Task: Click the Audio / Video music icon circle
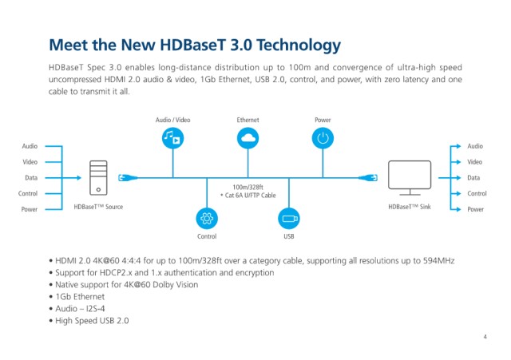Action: pyautogui.click(x=172, y=138)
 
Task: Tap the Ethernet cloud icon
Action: pyautogui.click(x=248, y=138)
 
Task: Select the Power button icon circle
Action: pyautogui.click(x=323, y=138)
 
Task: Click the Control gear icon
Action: pyautogui.click(x=207, y=218)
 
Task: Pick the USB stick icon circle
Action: pyautogui.click(x=289, y=218)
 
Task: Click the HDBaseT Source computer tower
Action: pyautogui.click(x=98, y=178)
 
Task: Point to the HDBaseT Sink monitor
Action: pyautogui.click(x=410, y=178)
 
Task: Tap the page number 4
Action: pyautogui.click(x=485, y=337)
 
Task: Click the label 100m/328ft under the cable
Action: pyautogui.click(x=248, y=187)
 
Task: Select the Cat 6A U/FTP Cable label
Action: pyautogui.click(x=250, y=195)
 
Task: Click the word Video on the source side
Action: pyautogui.click(x=30, y=162)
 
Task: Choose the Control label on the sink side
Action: pyautogui.click(x=477, y=193)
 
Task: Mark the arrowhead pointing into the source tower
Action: pyautogui.click(x=79, y=178)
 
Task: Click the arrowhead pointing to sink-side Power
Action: pyautogui.click(x=458, y=209)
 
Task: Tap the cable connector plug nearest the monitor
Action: pyautogui.click(x=368, y=178)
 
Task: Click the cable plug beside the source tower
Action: pyautogui.click(x=128, y=178)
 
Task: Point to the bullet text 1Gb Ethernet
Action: pyautogui.click(x=80, y=297)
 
